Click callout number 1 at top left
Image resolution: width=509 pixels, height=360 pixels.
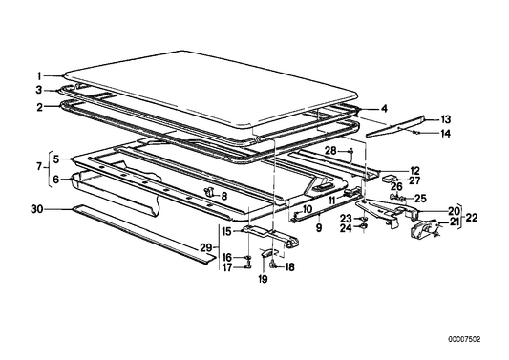tap(40, 75)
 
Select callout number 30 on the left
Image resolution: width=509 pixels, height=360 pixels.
tap(36, 207)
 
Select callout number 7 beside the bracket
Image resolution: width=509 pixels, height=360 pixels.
tap(40, 168)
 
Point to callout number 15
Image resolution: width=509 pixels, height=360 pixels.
tap(226, 230)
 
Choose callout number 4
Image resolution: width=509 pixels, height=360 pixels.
tap(384, 108)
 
